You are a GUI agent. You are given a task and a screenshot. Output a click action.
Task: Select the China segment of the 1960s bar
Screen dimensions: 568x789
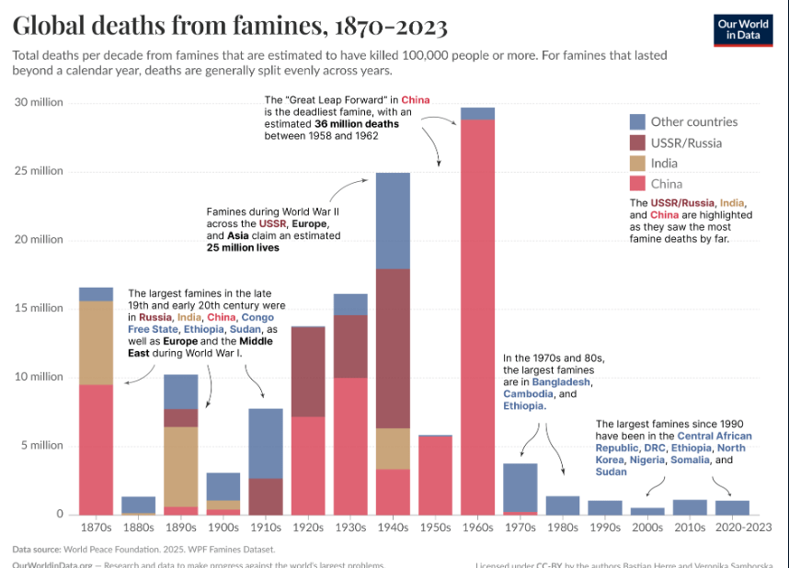(x=477, y=312)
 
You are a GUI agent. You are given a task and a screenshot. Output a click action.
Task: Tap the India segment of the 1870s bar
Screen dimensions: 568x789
(x=96, y=342)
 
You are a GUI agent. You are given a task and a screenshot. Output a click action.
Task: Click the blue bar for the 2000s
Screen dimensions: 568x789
(x=648, y=510)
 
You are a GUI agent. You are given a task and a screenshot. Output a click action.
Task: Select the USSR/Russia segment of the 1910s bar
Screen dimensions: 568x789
(x=266, y=495)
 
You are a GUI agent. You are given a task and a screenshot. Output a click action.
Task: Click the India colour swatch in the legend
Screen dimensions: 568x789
(x=638, y=164)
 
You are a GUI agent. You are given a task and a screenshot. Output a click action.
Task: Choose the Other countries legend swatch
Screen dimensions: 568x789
(x=638, y=121)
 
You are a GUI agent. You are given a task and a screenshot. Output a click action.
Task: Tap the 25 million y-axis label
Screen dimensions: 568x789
(x=38, y=171)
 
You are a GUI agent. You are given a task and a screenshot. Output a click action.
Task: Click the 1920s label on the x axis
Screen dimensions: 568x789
(x=307, y=528)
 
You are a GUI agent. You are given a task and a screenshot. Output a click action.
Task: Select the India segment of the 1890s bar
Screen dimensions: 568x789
(x=180, y=466)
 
